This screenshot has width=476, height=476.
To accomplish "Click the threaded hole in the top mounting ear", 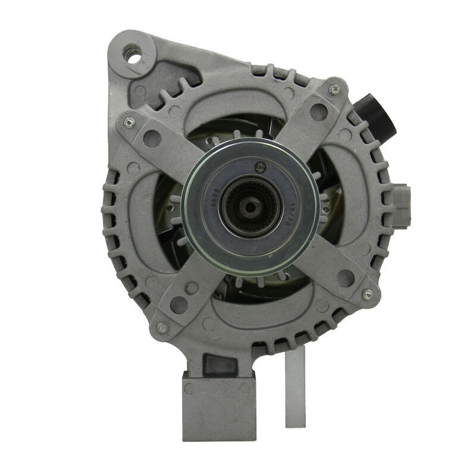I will pos(132,52).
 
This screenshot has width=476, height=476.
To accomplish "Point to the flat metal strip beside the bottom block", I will pos(295,387).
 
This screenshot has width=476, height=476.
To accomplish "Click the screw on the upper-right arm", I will pos(334,89).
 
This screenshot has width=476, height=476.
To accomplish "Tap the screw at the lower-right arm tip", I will pos(367,295).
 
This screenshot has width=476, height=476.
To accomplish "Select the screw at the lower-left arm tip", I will pos(162,327).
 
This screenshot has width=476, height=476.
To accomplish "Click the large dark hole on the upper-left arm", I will pos(152,139).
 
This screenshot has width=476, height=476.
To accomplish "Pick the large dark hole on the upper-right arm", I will pos(318,112).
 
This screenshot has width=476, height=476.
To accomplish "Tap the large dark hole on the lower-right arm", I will pos(345,277).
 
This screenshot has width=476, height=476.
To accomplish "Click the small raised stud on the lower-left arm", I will pos(192,287).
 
